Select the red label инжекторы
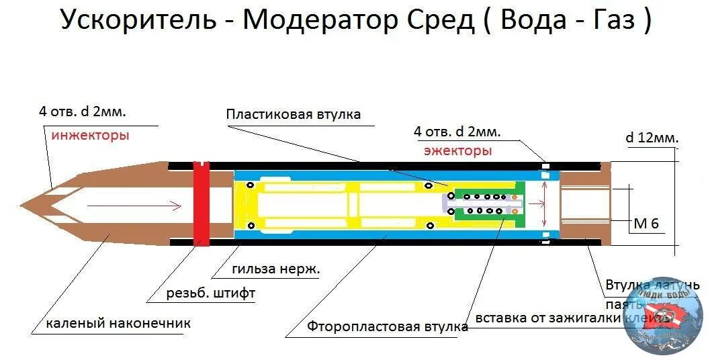pyautogui.click(x=90, y=135)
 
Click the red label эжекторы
pyautogui.click(x=457, y=150)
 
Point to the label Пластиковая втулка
pyautogui.click(x=293, y=114)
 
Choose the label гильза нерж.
pyautogui.click(x=275, y=270)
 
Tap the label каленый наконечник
pyautogui.click(x=118, y=324)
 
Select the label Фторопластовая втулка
pyautogui.click(x=388, y=327)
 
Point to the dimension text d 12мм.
pyautogui.click(x=652, y=138)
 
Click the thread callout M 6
pyautogui.click(x=646, y=224)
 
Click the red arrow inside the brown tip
pyautogui.click(x=134, y=205)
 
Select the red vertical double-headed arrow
pyautogui.click(x=544, y=203)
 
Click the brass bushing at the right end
pyautogui.click(x=584, y=204)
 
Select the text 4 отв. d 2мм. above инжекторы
pyautogui.click(x=83, y=111)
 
